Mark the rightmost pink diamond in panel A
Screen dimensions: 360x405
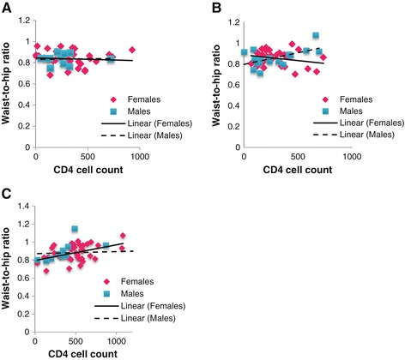click(132, 50)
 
